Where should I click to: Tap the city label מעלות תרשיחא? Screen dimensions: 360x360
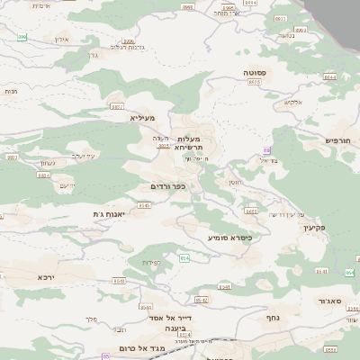tap(189, 142)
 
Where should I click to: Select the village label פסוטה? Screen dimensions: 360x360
tap(254, 72)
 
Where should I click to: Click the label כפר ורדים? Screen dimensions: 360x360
tap(167, 186)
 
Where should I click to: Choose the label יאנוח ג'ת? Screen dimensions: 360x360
tap(108, 213)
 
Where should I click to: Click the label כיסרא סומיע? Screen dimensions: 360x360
tap(229, 238)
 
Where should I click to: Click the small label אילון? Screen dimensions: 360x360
tap(62, 40)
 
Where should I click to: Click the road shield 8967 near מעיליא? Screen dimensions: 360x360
tap(117, 106)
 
